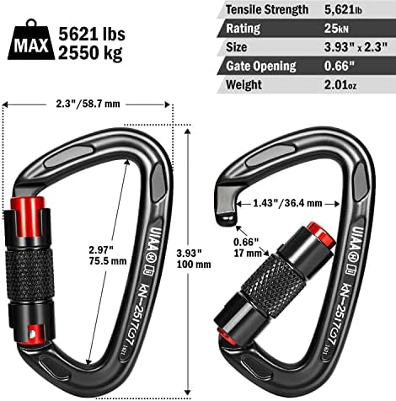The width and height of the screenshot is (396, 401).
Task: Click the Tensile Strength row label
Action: (x=265, y=10)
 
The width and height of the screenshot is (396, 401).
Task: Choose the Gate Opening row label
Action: (x=260, y=66)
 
